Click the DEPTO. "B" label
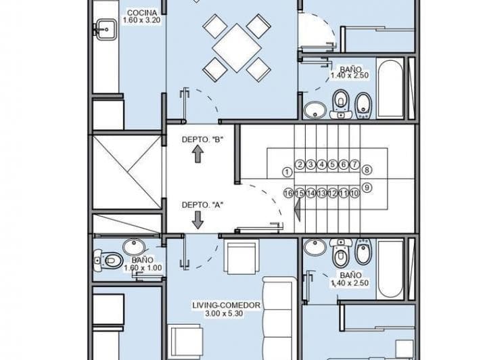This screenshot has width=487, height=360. click(x=202, y=140)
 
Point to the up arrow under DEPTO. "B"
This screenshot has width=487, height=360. click(x=198, y=155)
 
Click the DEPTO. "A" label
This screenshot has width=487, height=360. click(x=202, y=205)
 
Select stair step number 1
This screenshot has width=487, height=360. click(x=287, y=172)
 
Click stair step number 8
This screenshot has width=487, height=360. click(x=367, y=170)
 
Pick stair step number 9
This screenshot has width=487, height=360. click(x=367, y=187)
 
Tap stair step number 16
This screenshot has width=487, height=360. click(x=288, y=193)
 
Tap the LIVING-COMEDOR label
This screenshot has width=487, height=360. click(x=225, y=306)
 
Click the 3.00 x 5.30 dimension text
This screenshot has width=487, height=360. click(x=225, y=315)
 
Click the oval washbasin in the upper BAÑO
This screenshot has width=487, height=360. click(x=314, y=109)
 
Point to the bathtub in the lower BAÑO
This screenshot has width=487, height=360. click(x=391, y=268)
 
